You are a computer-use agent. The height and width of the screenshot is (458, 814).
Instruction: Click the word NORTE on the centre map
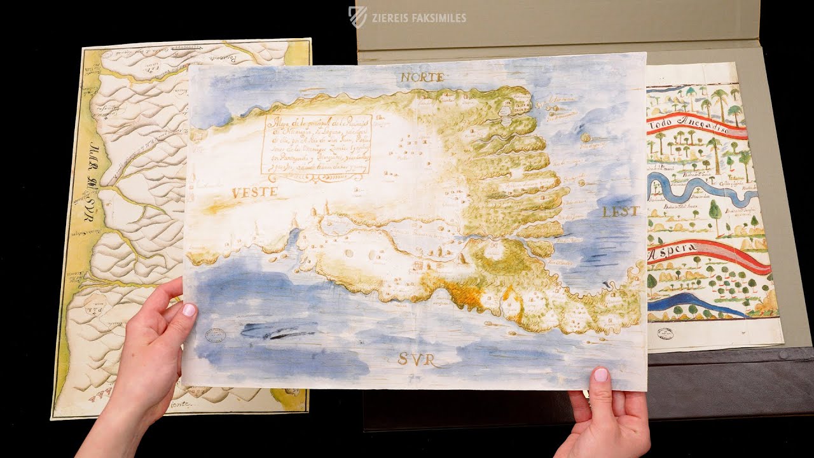[x=422, y=78]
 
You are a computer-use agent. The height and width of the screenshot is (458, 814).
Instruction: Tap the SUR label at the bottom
[x=417, y=360]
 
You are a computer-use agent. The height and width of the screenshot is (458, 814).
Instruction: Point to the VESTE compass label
[x=254, y=192]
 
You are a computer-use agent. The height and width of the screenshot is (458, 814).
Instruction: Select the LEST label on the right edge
[x=620, y=212]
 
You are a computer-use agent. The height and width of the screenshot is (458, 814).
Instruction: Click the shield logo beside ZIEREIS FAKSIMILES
[x=357, y=17]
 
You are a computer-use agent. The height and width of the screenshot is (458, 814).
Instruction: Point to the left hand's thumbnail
[x=190, y=310]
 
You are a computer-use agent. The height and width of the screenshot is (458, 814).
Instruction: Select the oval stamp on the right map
[x=666, y=333]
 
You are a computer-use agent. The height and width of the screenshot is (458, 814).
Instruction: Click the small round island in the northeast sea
[x=585, y=137]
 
